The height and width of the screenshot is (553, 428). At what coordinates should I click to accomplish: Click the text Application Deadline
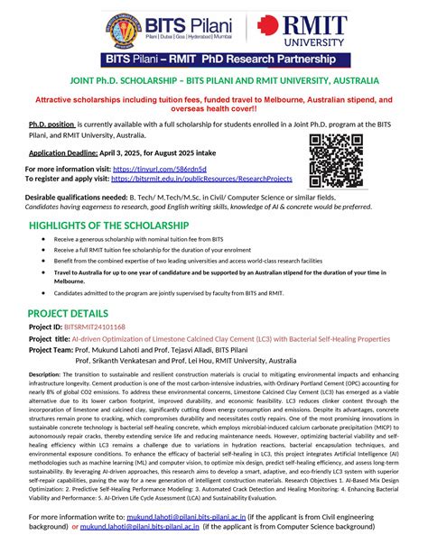70,154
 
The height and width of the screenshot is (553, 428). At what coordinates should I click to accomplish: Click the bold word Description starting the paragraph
45,373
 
